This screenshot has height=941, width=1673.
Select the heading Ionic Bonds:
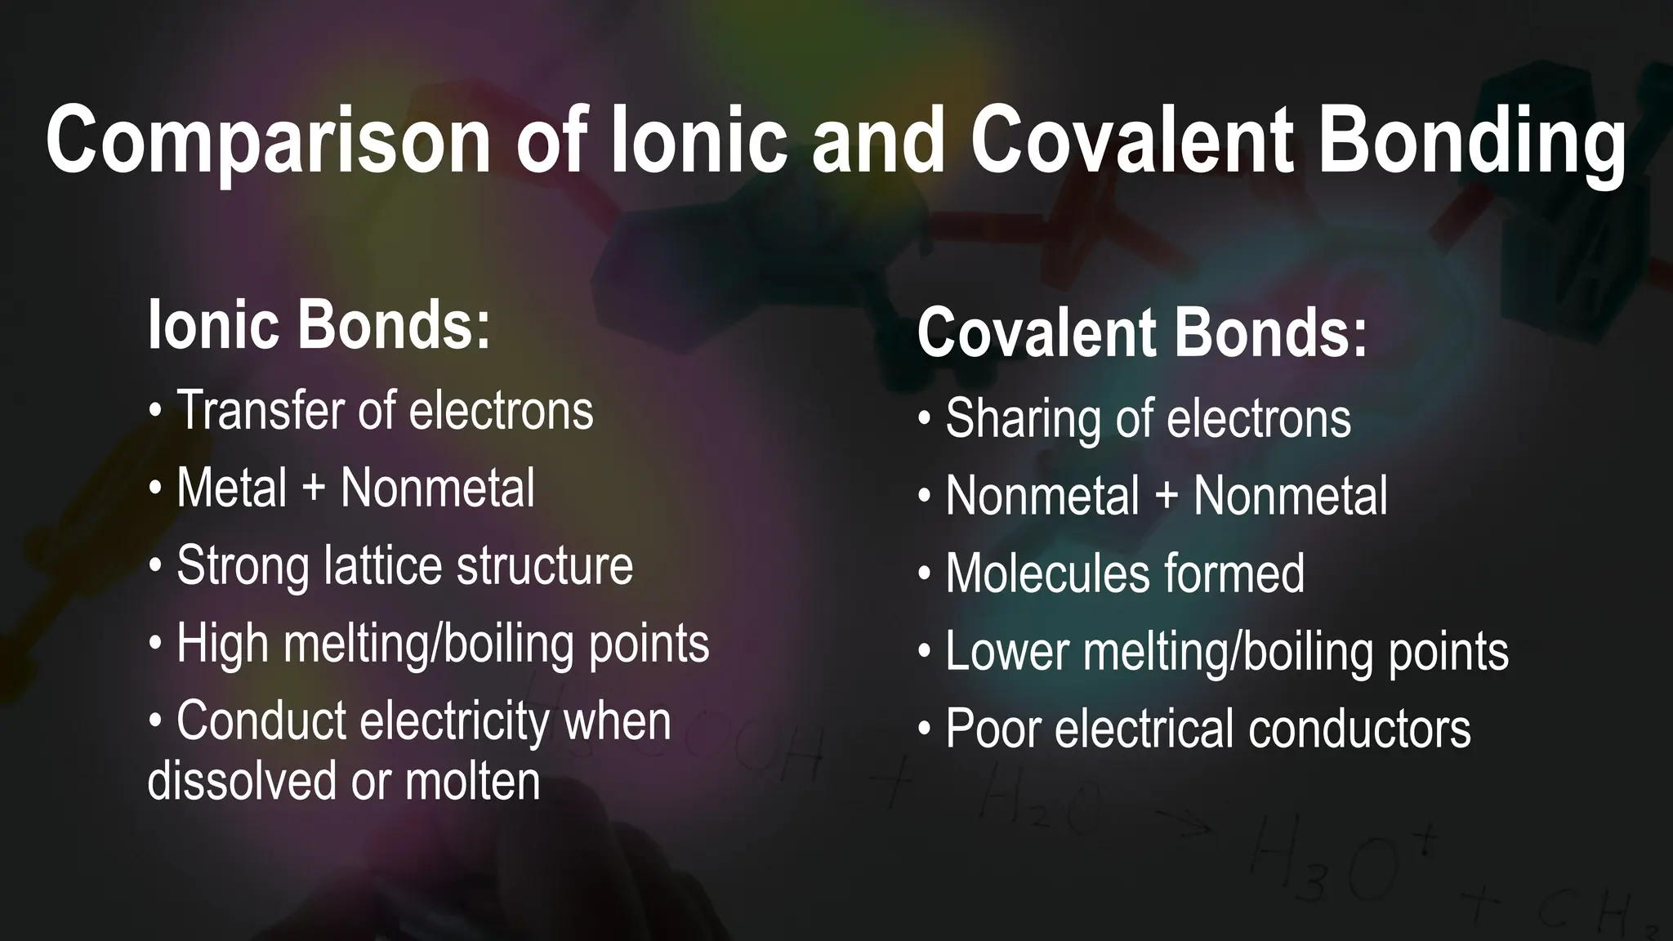click(x=319, y=325)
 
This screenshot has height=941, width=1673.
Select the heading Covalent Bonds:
click(x=1141, y=332)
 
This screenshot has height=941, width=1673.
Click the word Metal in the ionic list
click(x=232, y=488)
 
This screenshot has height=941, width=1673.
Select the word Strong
click(x=243, y=566)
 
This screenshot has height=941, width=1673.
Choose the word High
click(x=223, y=644)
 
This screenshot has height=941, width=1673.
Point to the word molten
click(x=473, y=781)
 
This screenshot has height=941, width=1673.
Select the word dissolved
click(x=242, y=781)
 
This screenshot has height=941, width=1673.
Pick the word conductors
click(x=1359, y=729)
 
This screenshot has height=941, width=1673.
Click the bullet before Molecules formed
click(x=924, y=575)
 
